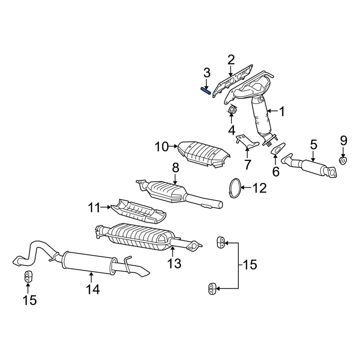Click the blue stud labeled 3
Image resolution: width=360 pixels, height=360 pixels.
click(x=206, y=91)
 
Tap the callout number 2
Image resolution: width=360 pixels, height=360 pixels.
click(x=231, y=60)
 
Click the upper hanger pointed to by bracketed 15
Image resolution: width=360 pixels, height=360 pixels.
click(x=221, y=242)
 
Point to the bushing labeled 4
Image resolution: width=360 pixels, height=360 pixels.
click(x=232, y=110)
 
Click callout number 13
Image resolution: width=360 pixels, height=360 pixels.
click(x=175, y=264)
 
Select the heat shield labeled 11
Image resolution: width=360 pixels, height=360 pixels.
click(x=139, y=212)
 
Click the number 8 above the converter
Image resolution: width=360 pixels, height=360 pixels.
click(x=175, y=168)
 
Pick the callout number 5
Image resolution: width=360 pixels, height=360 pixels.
click(x=313, y=145)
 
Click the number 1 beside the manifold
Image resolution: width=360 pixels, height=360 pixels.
click(x=282, y=112)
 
